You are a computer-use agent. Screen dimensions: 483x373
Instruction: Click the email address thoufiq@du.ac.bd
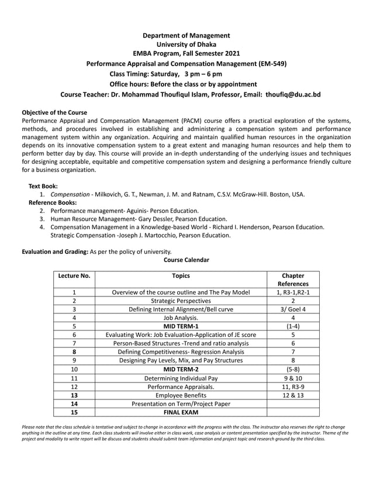(x=292, y=94)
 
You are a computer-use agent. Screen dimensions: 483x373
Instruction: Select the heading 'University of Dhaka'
(x=186, y=44)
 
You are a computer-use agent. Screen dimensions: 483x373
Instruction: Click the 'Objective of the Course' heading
(x=54, y=112)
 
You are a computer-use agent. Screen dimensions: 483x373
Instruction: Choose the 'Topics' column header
(x=181, y=275)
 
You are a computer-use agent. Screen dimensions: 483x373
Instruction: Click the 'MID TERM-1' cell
(x=181, y=326)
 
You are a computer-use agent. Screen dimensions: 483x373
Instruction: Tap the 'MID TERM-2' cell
(x=181, y=370)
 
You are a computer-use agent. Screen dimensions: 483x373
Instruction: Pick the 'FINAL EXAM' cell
(x=181, y=413)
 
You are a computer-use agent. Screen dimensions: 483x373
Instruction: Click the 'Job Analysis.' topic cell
(x=181, y=317)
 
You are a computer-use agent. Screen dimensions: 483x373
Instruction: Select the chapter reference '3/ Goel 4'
(x=292, y=308)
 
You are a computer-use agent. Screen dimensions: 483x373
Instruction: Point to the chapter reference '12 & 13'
(x=292, y=396)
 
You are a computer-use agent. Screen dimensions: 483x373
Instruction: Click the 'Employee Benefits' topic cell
(x=181, y=396)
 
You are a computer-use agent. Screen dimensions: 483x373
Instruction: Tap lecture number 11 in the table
(x=75, y=378)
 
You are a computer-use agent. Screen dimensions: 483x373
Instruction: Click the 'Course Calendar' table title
(x=186, y=260)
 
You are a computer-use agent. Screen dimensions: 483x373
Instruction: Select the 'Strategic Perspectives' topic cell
(x=181, y=299)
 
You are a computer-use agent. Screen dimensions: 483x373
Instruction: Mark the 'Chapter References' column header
(x=292, y=280)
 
